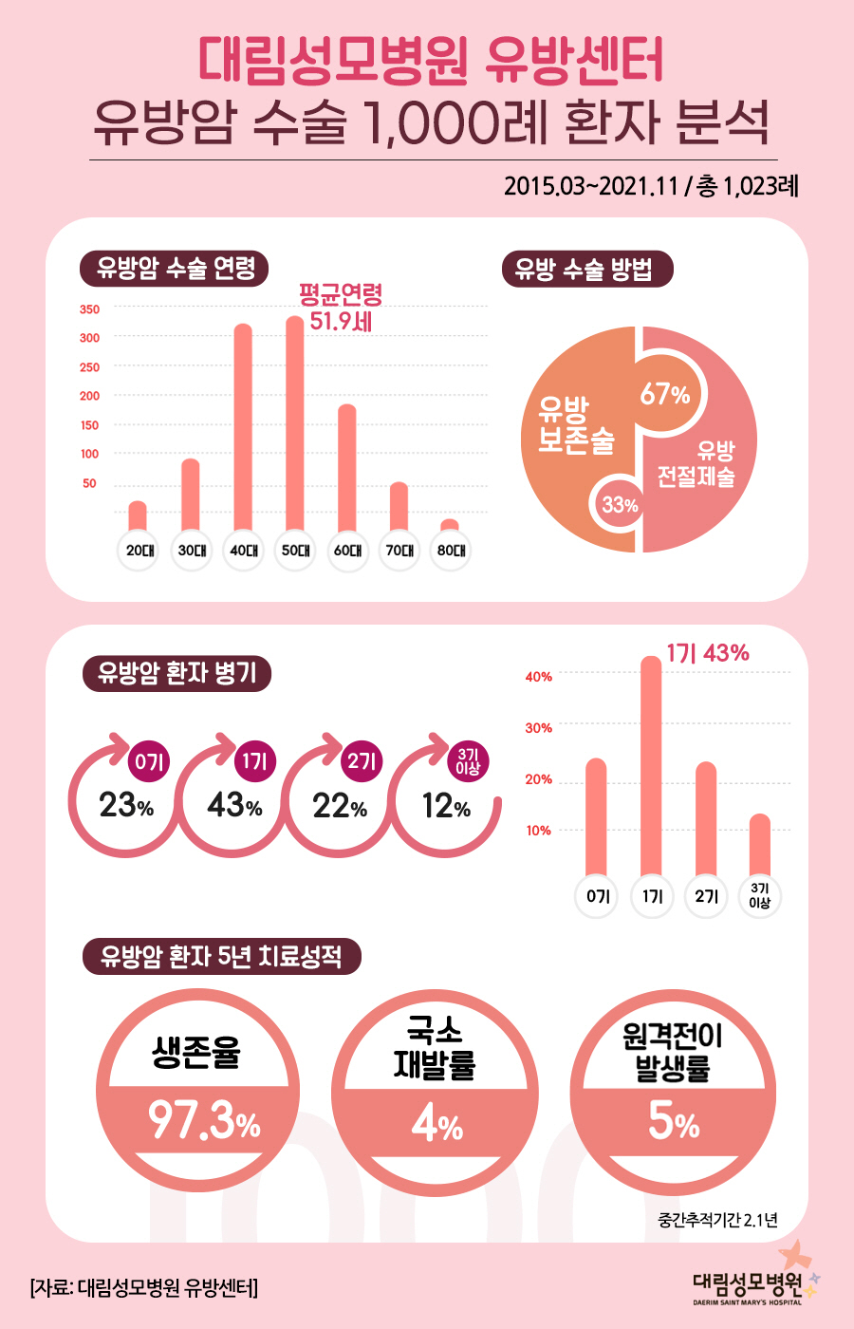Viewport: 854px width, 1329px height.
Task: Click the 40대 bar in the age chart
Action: coord(243,427)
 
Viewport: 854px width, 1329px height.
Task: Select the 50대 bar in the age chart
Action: coord(295,422)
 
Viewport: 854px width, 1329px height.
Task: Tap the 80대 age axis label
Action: coord(451,551)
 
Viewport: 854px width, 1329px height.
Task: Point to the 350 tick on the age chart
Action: coord(89,309)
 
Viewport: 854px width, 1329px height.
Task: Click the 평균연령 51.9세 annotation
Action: coord(341,307)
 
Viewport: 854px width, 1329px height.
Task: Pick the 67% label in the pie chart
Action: coord(664,393)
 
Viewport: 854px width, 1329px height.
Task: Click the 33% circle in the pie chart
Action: coord(619,505)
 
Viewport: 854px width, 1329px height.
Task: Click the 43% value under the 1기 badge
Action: coord(234,806)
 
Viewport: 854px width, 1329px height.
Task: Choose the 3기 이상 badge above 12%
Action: coord(468,761)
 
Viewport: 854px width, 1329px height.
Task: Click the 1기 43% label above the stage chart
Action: coord(707,653)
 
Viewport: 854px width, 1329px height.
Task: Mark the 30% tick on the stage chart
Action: coord(539,728)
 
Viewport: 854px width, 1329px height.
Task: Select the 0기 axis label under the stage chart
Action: coord(597,896)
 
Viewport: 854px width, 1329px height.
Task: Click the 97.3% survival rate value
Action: coord(203,1123)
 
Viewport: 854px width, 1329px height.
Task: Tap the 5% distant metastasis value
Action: coord(673,1123)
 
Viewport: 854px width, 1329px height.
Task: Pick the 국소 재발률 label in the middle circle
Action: coord(436,1048)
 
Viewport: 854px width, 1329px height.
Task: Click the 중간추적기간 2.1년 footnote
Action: coord(716,1220)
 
